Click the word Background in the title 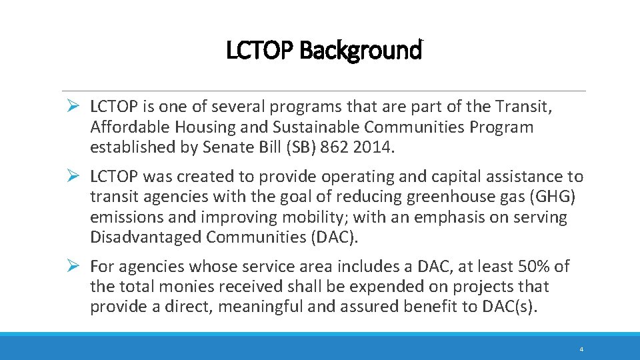361,50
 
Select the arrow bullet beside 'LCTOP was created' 75,177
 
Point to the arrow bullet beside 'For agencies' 75,267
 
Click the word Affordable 127,127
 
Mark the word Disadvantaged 145,237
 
